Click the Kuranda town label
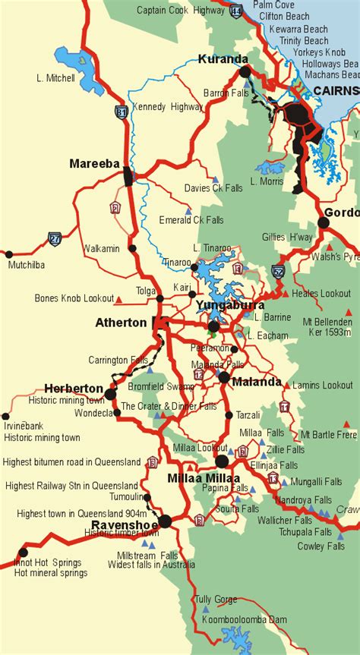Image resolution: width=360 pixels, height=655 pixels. [x=223, y=58]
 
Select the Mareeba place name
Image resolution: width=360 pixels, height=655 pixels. [x=95, y=163]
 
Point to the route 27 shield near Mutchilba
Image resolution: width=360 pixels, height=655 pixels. [x=55, y=238]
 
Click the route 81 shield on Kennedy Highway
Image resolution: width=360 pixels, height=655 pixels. [x=122, y=112]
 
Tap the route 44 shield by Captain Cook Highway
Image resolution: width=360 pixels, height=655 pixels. [x=237, y=11]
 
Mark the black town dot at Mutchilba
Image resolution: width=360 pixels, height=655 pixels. [x=9, y=254]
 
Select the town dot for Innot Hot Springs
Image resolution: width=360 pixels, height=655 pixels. [x=23, y=553]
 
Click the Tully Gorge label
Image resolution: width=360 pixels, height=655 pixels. [x=216, y=600]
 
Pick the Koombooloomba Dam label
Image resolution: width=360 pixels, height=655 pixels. [x=245, y=620]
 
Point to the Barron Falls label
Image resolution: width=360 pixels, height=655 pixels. [x=226, y=93]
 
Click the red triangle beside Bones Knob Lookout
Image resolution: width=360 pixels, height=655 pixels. [x=119, y=298]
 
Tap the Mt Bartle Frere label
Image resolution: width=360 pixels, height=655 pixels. [x=328, y=435]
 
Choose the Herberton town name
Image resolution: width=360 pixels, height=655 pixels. [x=74, y=388]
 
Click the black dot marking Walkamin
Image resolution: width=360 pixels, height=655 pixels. [x=133, y=247]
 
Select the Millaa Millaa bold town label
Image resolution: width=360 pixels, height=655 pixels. [x=203, y=478]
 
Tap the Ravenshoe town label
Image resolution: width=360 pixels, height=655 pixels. [x=124, y=524]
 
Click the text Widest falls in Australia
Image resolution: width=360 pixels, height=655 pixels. [x=151, y=565]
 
